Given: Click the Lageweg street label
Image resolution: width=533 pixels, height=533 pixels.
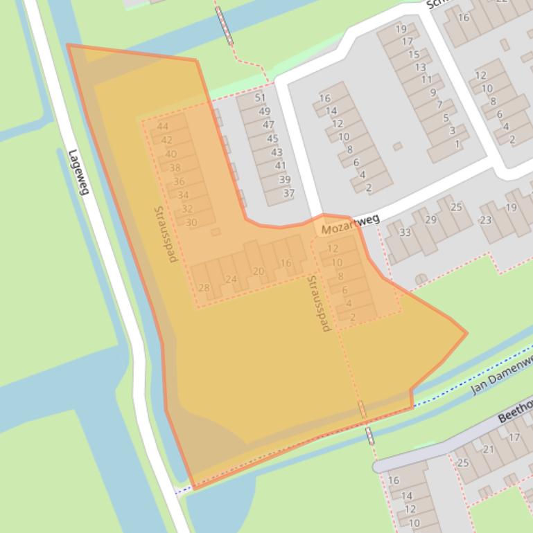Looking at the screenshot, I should click(x=78, y=172).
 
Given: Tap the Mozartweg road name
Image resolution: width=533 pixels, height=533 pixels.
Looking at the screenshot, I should click(x=350, y=223).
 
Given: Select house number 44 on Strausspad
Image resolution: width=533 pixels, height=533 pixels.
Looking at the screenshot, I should click(x=163, y=126).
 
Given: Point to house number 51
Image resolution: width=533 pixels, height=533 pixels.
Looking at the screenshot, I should click(x=261, y=98).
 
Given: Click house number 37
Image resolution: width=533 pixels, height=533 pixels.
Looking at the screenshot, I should click(x=288, y=193).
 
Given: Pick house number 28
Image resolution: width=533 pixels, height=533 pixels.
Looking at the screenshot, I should click(x=204, y=287).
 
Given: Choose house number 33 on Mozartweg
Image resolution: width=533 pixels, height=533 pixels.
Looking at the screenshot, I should click(x=405, y=233).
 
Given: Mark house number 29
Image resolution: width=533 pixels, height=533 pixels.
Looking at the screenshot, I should click(x=430, y=219).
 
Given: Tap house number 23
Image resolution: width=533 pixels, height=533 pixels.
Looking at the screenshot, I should click(x=485, y=220).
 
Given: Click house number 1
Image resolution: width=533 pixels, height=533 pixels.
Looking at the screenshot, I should click(x=457, y=144).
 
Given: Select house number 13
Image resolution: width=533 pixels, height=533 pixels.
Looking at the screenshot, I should click(x=420, y=67).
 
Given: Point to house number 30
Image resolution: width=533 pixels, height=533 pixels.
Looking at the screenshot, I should click(x=191, y=222).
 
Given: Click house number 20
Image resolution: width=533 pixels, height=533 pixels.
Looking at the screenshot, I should click(x=258, y=271).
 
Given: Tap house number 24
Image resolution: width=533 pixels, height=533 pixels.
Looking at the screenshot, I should click(x=231, y=280).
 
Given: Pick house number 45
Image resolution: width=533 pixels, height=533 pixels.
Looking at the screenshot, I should click(x=272, y=138).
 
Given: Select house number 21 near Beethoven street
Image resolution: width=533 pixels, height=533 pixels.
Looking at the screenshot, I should click(x=489, y=449).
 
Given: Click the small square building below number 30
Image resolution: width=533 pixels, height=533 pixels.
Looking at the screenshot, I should click(x=216, y=232).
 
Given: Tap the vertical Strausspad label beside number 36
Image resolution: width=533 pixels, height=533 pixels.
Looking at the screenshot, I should click(x=166, y=234).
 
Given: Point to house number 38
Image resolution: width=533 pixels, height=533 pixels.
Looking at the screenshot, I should click(x=175, y=168).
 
